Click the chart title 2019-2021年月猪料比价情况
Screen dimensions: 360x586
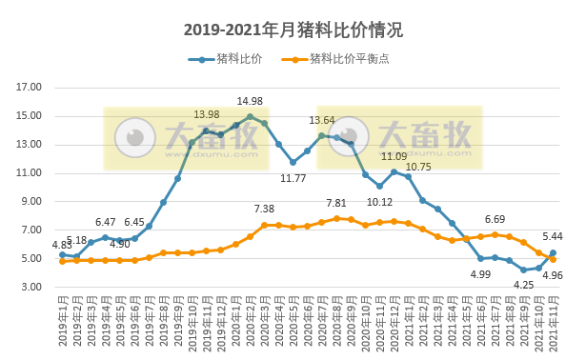293,30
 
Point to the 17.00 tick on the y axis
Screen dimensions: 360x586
30,88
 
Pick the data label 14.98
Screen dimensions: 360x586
251,102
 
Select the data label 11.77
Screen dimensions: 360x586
293,178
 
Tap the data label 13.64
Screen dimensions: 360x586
322,121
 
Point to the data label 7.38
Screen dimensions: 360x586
264,210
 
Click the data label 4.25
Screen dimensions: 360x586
523,284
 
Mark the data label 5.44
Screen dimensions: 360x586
553,237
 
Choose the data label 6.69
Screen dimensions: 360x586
495,220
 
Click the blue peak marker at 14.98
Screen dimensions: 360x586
250,116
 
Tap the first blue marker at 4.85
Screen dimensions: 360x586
62,254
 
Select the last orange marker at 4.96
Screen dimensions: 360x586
553,259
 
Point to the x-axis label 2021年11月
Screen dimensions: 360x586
554,323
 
